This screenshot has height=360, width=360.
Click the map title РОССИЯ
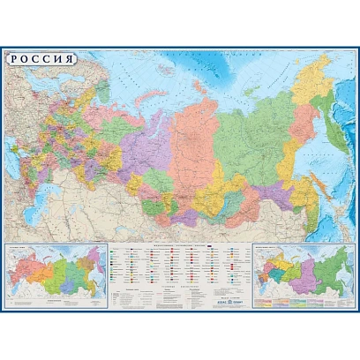click(41, 59)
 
